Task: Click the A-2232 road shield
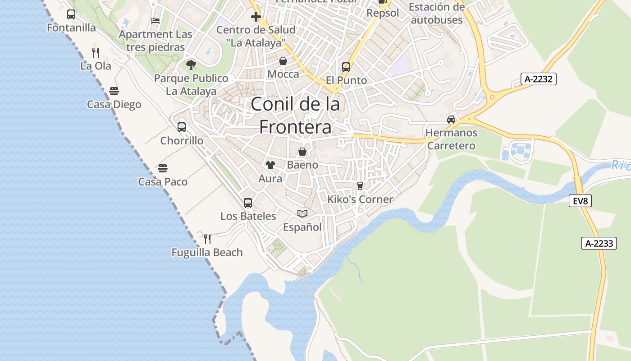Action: click(x=539, y=79)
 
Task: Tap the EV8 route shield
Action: click(x=580, y=201)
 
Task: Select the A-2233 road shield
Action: click(x=599, y=243)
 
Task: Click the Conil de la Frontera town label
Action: click(x=295, y=116)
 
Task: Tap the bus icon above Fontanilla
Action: click(x=71, y=14)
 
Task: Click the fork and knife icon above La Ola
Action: click(x=95, y=52)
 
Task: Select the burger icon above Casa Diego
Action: click(x=114, y=91)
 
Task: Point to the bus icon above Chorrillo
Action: click(x=182, y=127)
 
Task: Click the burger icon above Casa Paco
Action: click(x=163, y=168)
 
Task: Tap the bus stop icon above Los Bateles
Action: click(x=248, y=203)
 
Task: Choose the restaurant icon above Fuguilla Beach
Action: click(x=207, y=239)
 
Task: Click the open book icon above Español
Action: click(x=302, y=213)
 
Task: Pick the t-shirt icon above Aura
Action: click(x=270, y=165)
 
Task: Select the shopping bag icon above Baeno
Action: click(x=302, y=152)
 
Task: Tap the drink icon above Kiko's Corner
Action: click(x=360, y=185)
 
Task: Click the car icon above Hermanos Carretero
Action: click(x=451, y=119)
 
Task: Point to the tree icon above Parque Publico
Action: click(x=191, y=65)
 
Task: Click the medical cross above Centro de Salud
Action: click(x=256, y=17)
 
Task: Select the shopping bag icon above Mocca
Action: click(x=283, y=61)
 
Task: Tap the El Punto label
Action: click(x=346, y=80)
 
